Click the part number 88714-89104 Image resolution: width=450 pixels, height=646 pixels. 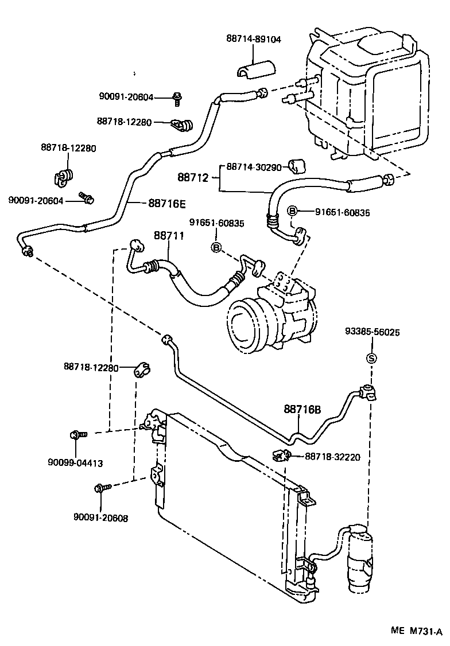pyautogui.click(x=254, y=39)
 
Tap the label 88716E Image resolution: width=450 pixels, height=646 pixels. pyautogui.click(x=167, y=204)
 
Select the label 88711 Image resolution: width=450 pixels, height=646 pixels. pyautogui.click(x=169, y=236)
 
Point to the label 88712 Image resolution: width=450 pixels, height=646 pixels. pyautogui.click(x=193, y=177)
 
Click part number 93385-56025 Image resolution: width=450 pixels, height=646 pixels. pyautogui.click(x=372, y=332)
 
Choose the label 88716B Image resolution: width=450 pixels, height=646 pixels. pyautogui.click(x=302, y=410)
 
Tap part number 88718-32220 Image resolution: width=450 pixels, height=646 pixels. pyautogui.click(x=332, y=457)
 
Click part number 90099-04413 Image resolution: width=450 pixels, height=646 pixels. pyautogui.click(x=75, y=463)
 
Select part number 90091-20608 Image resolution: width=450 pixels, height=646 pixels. pyautogui.click(x=100, y=518)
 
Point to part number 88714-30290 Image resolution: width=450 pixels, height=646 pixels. pyautogui.click(x=254, y=168)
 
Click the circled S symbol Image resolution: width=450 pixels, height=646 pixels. pyautogui.click(x=372, y=359)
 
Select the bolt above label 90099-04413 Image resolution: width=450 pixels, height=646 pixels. pyautogui.click(x=78, y=434)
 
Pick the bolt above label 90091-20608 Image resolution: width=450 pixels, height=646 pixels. pyautogui.click(x=103, y=488)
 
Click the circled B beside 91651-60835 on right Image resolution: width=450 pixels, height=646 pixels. pyautogui.click(x=292, y=211)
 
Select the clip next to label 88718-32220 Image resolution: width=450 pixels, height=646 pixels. pyautogui.click(x=281, y=456)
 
